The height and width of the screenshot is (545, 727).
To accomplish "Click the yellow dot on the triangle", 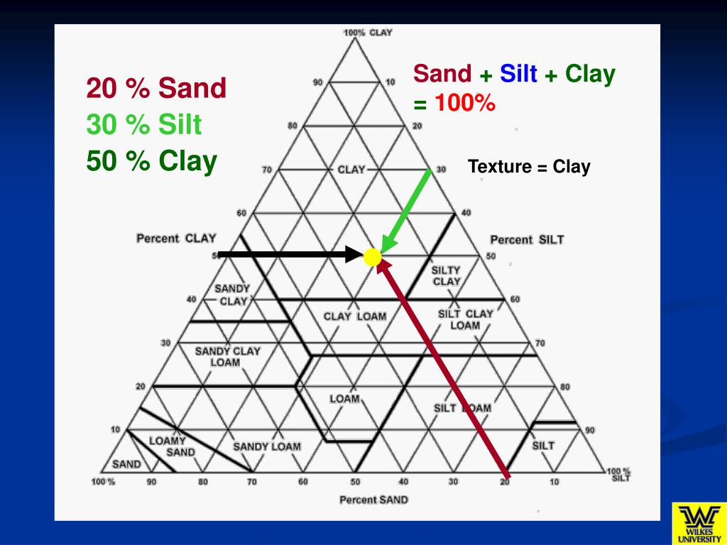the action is (372, 257).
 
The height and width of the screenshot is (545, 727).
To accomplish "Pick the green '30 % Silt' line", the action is (144, 126).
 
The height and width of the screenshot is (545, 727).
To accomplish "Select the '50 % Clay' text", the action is (151, 161).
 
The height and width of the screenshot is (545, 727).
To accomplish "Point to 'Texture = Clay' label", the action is (529, 167).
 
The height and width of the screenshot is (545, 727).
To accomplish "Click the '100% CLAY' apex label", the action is (368, 33).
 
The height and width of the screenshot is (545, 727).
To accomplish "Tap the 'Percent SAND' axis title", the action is (373, 500).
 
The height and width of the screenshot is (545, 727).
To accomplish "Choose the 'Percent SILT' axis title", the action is (527, 240).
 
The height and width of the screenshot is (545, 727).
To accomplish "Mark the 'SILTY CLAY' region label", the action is (447, 275).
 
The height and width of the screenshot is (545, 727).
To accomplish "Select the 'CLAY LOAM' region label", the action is (355, 316).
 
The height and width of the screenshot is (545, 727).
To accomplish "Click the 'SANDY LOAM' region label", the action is (267, 446).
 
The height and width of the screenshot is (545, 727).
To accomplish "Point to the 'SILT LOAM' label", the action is (462, 408).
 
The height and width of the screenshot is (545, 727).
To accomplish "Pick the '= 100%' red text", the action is (454, 104).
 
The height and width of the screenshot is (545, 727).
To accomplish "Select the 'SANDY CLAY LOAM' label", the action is (227, 356).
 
